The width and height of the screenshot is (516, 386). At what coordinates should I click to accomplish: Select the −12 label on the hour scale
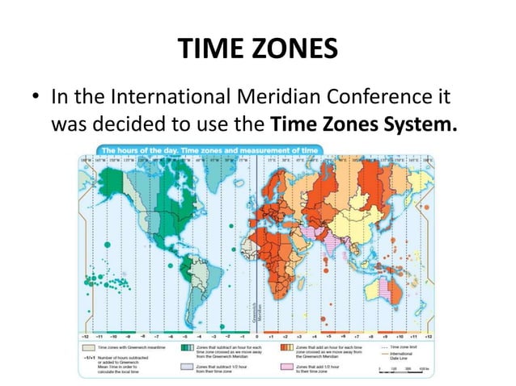[x=83, y=333]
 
